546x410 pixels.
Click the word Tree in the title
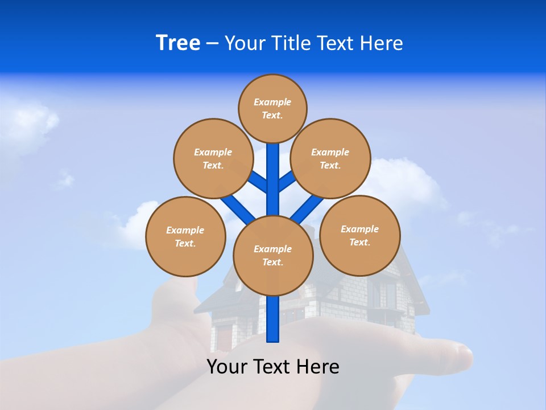coord(178,43)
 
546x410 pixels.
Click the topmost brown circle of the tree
coord(272,108)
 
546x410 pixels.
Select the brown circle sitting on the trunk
coord(273,256)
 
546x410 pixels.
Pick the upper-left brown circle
coord(213,158)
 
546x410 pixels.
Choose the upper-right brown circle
coord(330,158)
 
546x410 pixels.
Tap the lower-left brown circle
coord(185,236)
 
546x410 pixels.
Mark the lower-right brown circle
coord(360,235)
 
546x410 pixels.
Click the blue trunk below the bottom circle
coord(273,319)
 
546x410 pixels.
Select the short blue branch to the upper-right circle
coord(286,181)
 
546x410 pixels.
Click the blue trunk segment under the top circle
coord(273,165)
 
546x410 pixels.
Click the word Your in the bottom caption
coord(226,367)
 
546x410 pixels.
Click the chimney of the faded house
coord(308,231)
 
